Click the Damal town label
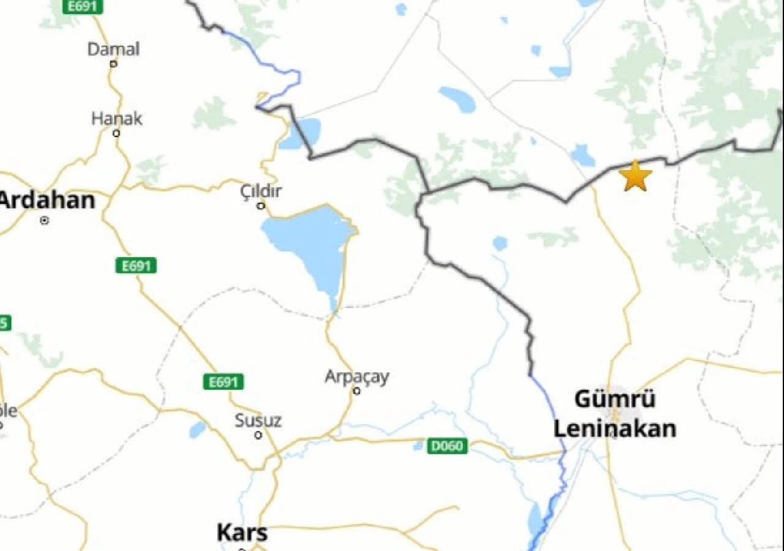113,49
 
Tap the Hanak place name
116,119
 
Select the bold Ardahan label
47,200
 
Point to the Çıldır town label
261,191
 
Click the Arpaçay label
356,377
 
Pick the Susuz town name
258,421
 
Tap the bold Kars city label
242,533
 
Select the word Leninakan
615,429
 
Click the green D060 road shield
447,446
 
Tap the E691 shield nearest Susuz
223,383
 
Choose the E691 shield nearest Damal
83,7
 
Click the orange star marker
635,176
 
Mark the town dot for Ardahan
44,220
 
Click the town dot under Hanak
116,133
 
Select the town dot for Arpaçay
356,391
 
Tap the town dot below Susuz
258,435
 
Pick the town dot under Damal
113,63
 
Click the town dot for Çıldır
261,206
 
